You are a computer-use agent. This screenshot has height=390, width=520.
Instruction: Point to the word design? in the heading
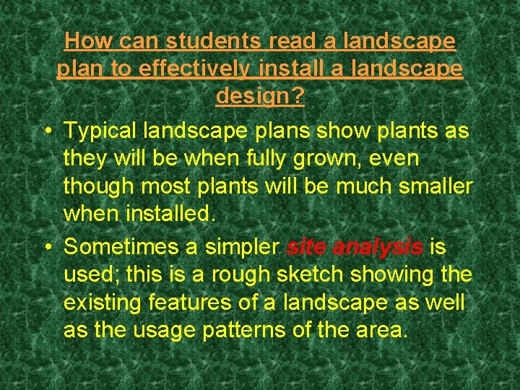[260, 96]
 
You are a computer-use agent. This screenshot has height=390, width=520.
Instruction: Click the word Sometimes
[121, 246]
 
